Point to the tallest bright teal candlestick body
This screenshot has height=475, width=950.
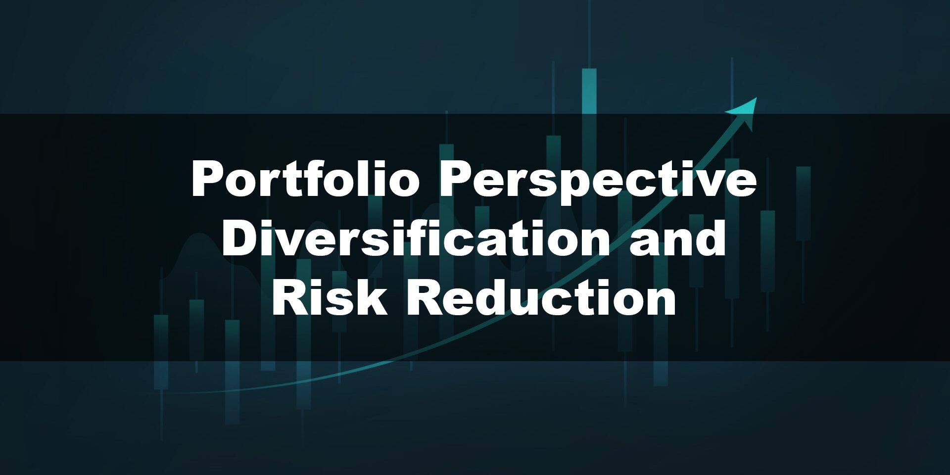[589, 92]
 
